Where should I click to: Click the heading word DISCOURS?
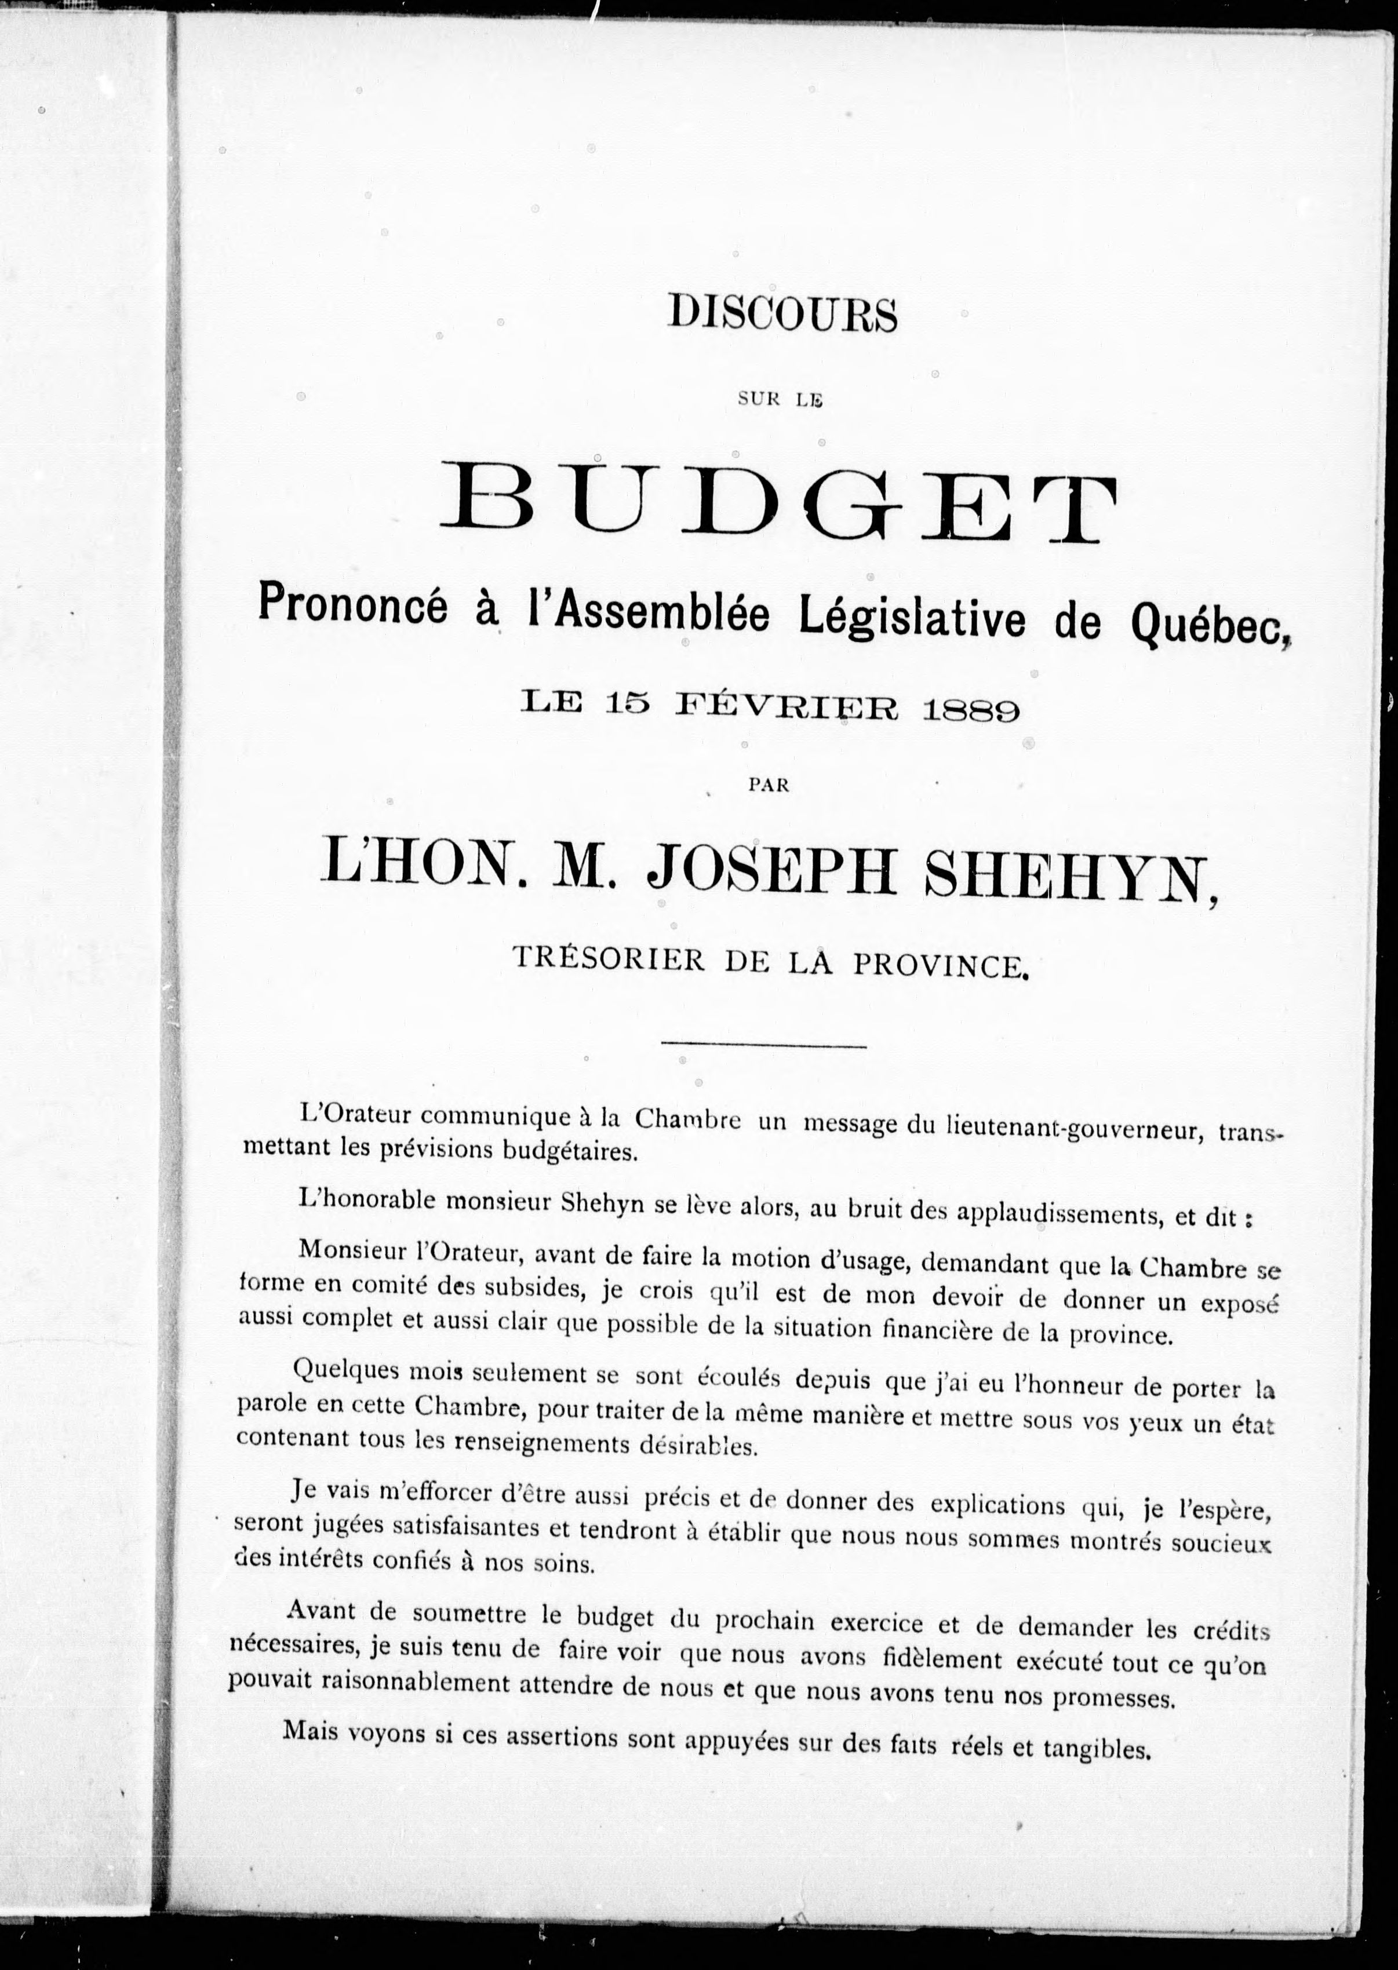pos(782,315)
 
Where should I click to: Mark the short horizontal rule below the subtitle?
pos(763,1046)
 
